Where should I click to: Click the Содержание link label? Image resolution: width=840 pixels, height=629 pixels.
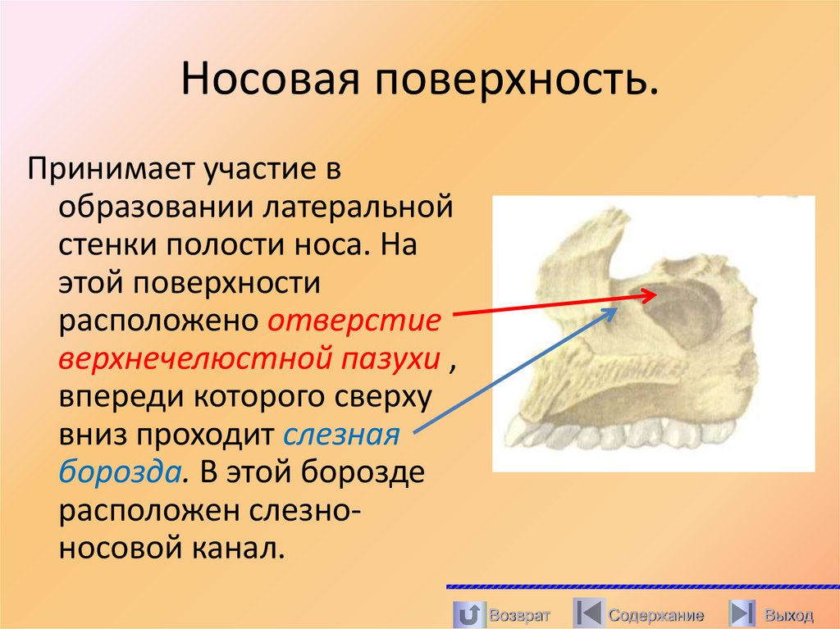pos(656,615)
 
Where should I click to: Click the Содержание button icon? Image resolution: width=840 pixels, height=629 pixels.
pos(587,613)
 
